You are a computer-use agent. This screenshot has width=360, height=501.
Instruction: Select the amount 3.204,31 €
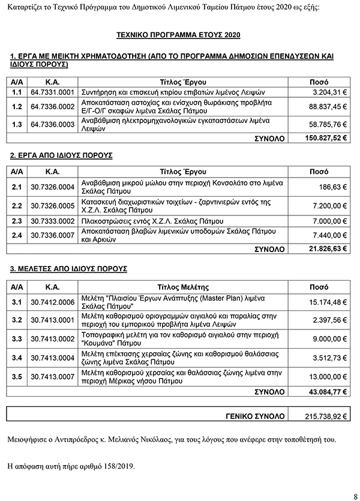(x=331, y=93)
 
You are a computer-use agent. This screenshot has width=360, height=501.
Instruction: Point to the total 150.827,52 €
(x=326, y=138)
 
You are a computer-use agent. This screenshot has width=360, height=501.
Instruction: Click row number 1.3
(x=17, y=124)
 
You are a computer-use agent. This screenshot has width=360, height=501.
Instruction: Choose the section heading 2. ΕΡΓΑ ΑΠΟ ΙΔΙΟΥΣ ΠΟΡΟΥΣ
(x=62, y=155)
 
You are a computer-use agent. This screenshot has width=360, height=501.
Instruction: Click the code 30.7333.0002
(x=52, y=221)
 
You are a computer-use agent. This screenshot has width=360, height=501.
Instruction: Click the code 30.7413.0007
(x=52, y=377)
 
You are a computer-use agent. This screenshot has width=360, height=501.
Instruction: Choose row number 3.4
(x=17, y=358)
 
